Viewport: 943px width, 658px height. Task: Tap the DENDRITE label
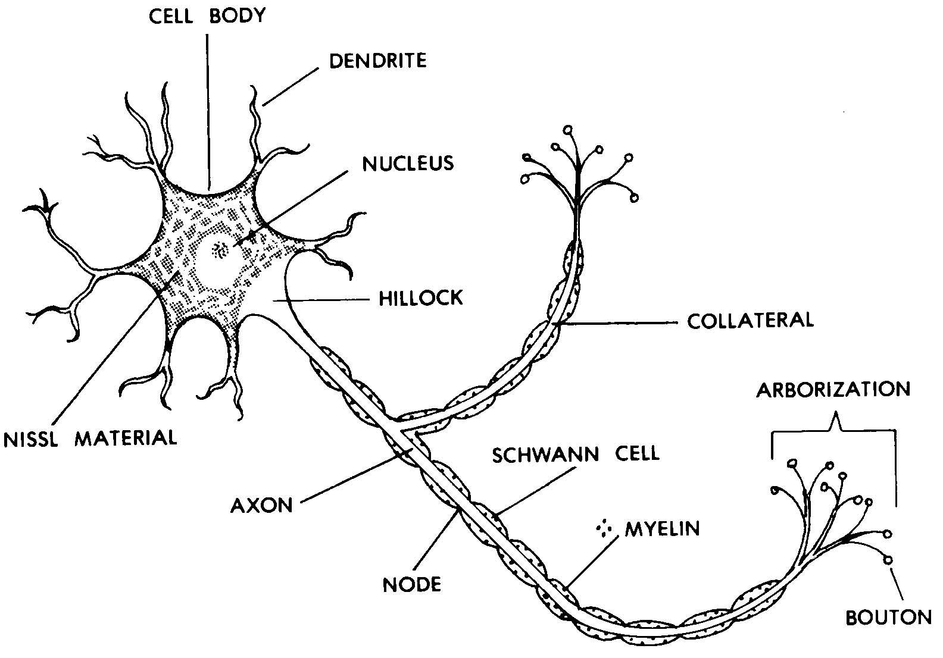pyautogui.click(x=378, y=60)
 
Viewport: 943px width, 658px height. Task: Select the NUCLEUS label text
pyautogui.click(x=408, y=163)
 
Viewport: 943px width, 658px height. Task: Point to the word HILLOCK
pyautogui.click(x=421, y=297)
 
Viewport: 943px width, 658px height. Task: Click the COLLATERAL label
pyautogui.click(x=750, y=321)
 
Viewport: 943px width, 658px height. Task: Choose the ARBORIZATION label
pyautogui.click(x=833, y=390)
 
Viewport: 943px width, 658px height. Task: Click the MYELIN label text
pyautogui.click(x=662, y=529)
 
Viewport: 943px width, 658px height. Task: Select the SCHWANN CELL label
pyautogui.click(x=576, y=453)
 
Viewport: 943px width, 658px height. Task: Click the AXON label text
pyautogui.click(x=262, y=506)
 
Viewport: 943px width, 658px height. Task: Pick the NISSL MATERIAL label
pyautogui.click(x=90, y=439)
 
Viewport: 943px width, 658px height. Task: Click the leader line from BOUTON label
pyautogui.click(x=897, y=583)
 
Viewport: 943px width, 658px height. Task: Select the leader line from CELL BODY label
pyautogui.click(x=208, y=107)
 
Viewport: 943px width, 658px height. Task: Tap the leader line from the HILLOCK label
pyautogui.click(x=321, y=300)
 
